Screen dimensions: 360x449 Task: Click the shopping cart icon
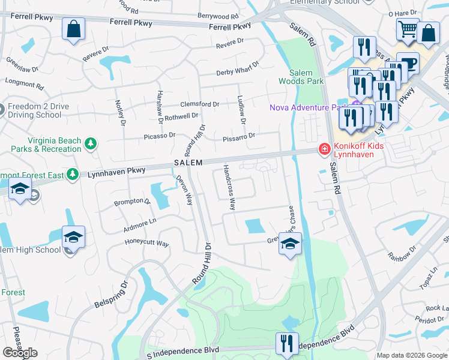click(x=408, y=28)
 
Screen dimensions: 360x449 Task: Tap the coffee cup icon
click(x=408, y=62)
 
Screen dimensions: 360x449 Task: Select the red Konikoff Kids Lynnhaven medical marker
click(x=324, y=148)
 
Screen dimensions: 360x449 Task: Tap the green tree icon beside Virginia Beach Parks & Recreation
click(x=90, y=143)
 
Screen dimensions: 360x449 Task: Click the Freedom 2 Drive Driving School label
click(x=38, y=110)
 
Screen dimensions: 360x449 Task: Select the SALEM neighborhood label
click(x=188, y=163)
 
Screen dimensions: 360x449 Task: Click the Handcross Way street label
click(x=228, y=187)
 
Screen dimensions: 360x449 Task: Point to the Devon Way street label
click(x=184, y=189)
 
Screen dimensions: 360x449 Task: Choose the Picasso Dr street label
click(x=160, y=136)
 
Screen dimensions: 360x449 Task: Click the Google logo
click(x=20, y=353)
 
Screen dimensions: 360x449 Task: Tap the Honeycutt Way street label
click(x=146, y=243)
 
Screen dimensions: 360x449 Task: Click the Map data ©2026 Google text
click(x=412, y=355)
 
